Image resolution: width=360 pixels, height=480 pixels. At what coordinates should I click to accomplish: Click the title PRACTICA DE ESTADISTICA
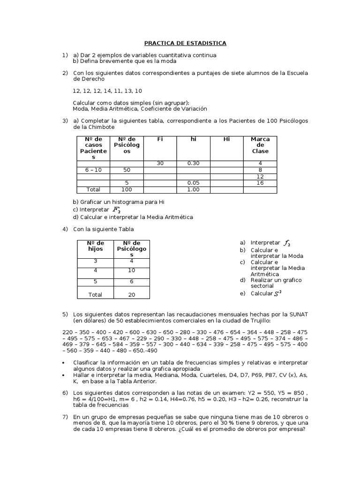pos(185,43)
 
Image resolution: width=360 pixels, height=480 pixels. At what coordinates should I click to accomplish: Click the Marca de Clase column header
pos(260,145)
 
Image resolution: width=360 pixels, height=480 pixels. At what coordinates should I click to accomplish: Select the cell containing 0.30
pos(193,163)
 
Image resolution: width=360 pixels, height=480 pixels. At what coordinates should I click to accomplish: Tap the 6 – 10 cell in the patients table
pos(93,170)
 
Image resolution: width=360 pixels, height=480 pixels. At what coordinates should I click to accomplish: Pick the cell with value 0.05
pos(193,183)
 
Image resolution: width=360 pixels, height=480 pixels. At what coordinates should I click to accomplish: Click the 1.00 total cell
pos(193,189)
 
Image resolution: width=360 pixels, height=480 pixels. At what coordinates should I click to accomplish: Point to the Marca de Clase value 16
pos(260,183)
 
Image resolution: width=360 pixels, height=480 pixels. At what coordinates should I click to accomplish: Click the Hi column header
pos(226,139)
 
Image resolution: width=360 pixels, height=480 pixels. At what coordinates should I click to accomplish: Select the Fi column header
pos(159,139)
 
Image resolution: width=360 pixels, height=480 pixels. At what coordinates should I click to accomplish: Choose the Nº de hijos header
pos(95,246)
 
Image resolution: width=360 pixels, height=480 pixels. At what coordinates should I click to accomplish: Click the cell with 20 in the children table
pos(132,294)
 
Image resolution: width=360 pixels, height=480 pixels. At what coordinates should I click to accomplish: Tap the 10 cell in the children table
pos(132,270)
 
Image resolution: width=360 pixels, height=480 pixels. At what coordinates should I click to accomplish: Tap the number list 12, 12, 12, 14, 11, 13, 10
pos(107,90)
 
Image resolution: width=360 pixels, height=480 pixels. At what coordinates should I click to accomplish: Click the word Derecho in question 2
pos(85,79)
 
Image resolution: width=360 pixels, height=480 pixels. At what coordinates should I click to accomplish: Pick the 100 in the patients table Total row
pos(127,189)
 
